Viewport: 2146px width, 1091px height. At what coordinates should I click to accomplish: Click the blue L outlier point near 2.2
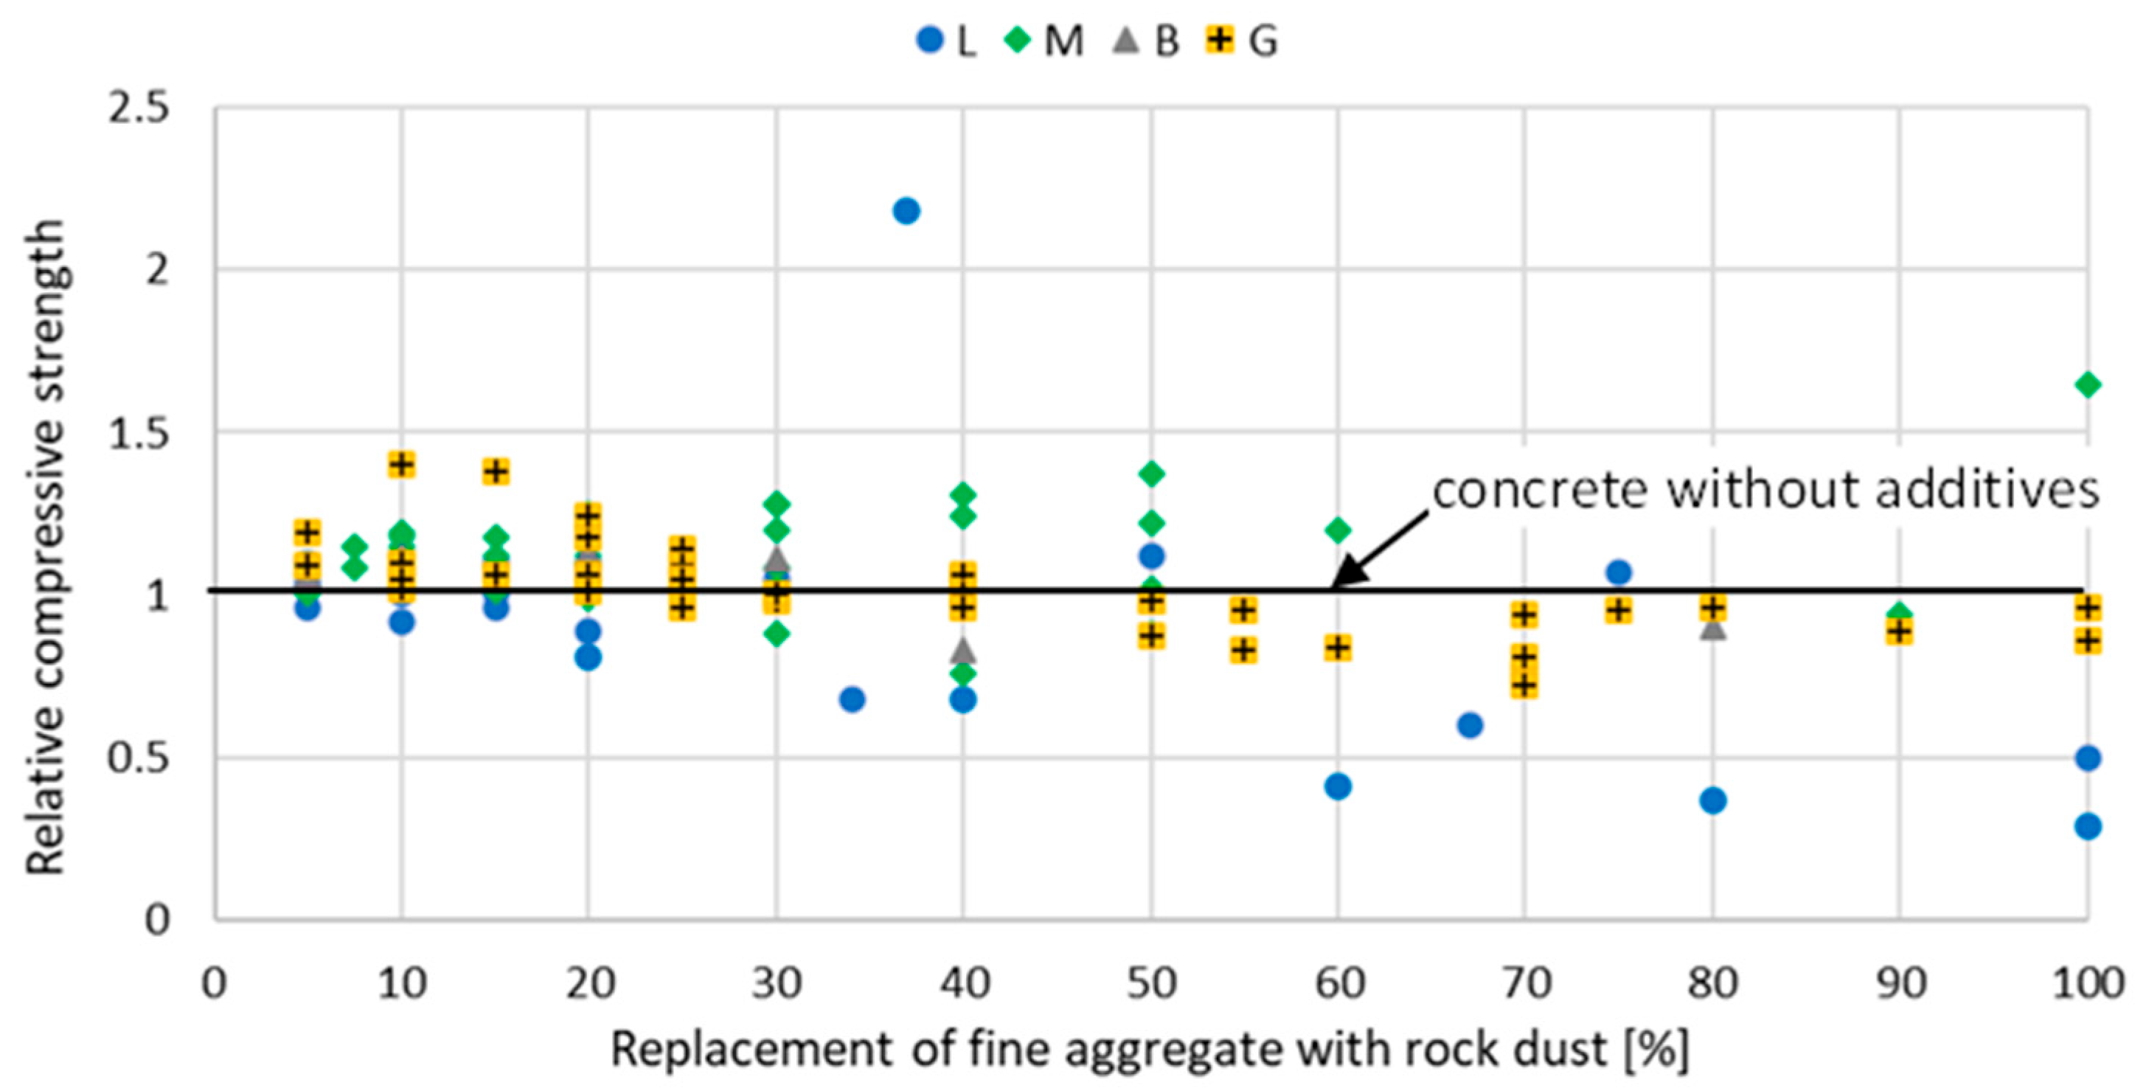tap(906, 211)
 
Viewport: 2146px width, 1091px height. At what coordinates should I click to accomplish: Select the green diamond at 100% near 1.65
tap(2087, 385)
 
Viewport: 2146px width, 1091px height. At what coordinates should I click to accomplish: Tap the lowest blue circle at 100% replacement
tap(2087, 827)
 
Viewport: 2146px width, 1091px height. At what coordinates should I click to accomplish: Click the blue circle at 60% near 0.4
tap(1338, 786)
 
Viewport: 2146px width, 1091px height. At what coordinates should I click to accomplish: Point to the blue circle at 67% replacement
tap(1470, 725)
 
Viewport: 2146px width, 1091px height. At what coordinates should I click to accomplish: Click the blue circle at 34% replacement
tap(852, 699)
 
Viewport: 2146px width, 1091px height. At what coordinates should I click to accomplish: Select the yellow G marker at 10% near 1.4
tap(401, 464)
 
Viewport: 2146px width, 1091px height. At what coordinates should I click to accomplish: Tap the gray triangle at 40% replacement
tap(964, 650)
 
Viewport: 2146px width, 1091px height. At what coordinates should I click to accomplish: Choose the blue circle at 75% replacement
tap(1619, 572)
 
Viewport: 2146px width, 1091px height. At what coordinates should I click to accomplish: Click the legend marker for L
tap(930, 40)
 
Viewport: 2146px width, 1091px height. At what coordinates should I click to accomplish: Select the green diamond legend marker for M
tap(1018, 40)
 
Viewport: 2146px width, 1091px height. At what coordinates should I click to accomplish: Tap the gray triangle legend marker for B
tap(1125, 39)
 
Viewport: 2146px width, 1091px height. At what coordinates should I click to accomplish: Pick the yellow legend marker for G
tap(1220, 39)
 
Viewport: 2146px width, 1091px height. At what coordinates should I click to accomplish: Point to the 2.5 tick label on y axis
tap(139, 108)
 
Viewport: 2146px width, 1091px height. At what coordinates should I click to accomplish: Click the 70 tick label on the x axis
tap(1525, 984)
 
